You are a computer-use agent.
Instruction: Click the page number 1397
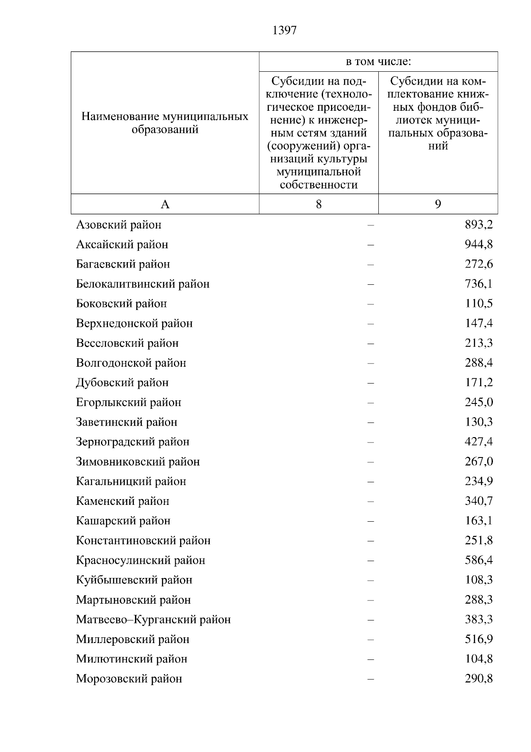click(x=285, y=30)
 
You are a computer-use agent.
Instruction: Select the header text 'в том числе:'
click(x=378, y=62)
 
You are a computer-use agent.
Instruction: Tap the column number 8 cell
click(x=319, y=204)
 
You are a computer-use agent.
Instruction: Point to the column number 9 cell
click(x=438, y=204)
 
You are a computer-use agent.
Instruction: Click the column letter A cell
click(x=165, y=204)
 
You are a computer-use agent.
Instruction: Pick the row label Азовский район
click(x=119, y=225)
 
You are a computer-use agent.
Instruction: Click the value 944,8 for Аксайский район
click(x=478, y=244)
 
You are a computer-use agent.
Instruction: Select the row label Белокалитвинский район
click(x=142, y=284)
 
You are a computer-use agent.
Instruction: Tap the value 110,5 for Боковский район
click(x=478, y=304)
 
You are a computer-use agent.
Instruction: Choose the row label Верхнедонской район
click(x=134, y=323)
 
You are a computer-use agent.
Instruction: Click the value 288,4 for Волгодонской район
click(x=478, y=363)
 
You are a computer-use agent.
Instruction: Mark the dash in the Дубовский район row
click(x=370, y=383)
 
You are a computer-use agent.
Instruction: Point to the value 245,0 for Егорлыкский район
click(x=478, y=403)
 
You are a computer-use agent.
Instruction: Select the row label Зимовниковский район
click(x=138, y=462)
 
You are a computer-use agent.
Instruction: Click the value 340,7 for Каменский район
click(x=478, y=501)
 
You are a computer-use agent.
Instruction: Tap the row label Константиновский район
click(x=143, y=541)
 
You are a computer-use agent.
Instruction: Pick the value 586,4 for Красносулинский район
click(x=478, y=560)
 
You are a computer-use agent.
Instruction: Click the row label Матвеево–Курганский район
click(x=153, y=620)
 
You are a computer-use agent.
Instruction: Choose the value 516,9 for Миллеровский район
click(x=478, y=639)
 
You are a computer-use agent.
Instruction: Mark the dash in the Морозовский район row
click(x=370, y=679)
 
